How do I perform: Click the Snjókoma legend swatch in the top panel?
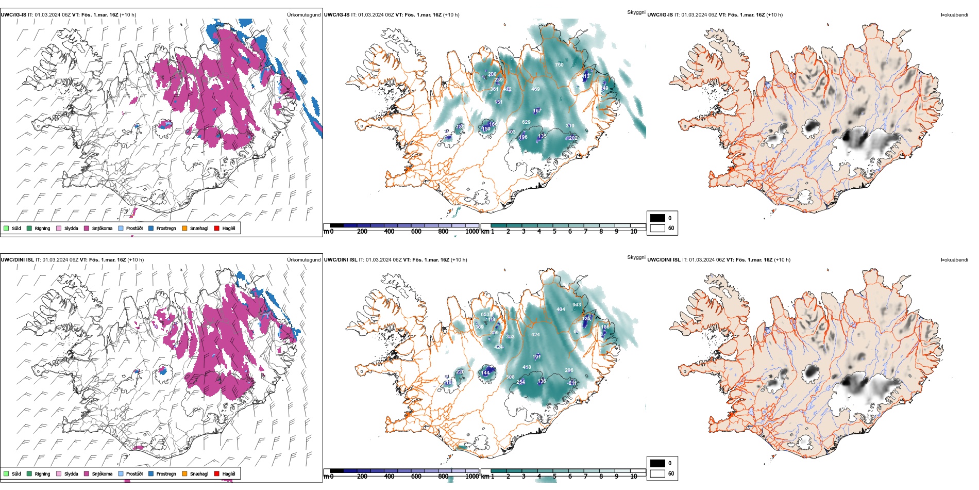(x=87, y=228)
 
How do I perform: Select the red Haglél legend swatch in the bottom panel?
(x=217, y=473)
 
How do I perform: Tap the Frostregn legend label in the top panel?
(x=166, y=228)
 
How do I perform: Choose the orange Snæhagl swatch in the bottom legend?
(x=184, y=473)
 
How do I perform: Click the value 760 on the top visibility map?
(x=559, y=65)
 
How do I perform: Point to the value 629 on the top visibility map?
(x=526, y=122)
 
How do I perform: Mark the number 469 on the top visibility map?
(x=535, y=89)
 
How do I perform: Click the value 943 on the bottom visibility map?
(x=577, y=305)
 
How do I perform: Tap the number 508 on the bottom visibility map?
(x=510, y=377)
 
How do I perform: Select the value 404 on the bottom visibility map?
(x=561, y=309)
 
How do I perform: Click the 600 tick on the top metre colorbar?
(x=416, y=232)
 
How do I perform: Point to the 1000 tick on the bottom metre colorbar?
(x=472, y=477)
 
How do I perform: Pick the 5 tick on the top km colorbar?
(x=554, y=232)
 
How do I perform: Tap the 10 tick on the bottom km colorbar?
(x=634, y=477)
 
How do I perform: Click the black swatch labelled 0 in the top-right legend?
(x=657, y=218)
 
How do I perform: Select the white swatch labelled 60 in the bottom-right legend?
(x=657, y=473)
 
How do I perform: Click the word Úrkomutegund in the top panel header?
(x=303, y=15)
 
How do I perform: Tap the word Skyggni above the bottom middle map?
(x=636, y=257)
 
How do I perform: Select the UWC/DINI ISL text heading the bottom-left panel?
(x=17, y=260)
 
